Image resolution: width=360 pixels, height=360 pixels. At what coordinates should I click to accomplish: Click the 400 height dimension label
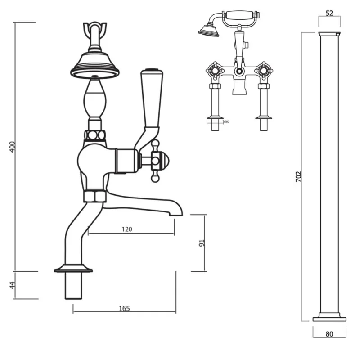[13, 147]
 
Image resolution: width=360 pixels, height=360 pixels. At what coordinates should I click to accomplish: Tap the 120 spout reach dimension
[127, 229]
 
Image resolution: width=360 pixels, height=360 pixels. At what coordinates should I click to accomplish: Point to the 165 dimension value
[124, 308]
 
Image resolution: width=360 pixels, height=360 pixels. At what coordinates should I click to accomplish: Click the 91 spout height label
[202, 243]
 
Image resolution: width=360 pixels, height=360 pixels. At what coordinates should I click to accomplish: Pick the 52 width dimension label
[329, 13]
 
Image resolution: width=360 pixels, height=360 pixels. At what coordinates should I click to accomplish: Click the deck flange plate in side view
[73, 270]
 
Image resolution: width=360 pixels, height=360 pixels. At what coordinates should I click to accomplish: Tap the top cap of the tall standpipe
[329, 34]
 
